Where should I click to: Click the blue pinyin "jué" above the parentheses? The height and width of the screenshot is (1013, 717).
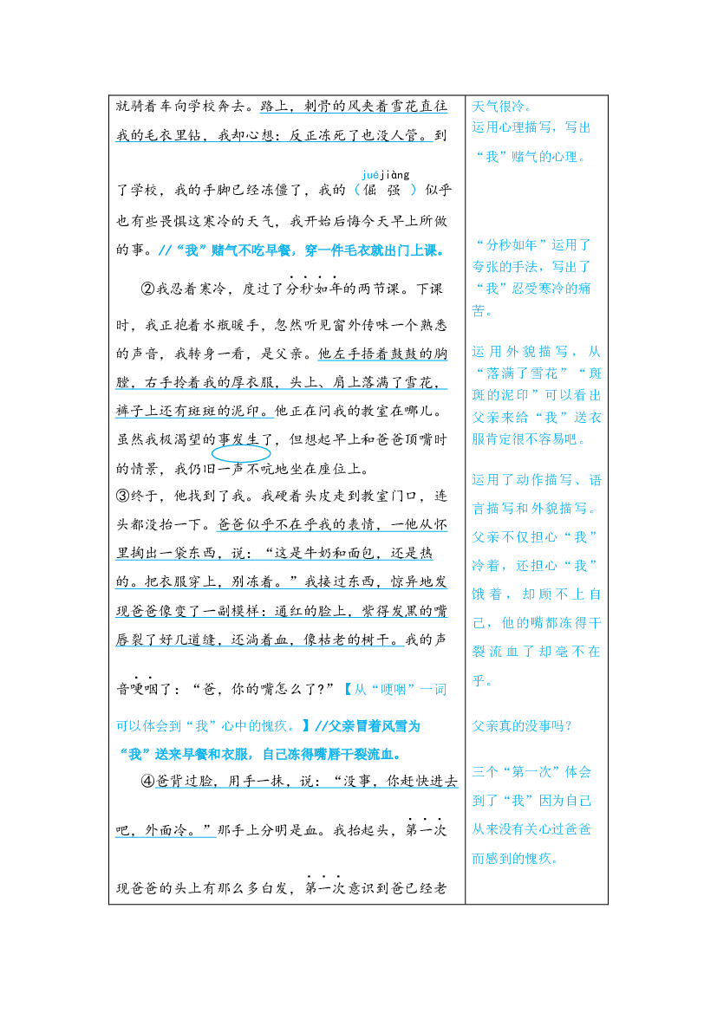click(x=370, y=174)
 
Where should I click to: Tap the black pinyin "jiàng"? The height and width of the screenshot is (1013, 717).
click(x=394, y=174)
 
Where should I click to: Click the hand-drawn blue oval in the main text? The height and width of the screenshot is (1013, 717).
click(x=241, y=453)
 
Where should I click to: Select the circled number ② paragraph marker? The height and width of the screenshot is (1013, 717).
click(x=147, y=289)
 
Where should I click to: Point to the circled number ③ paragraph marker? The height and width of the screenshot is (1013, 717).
click(x=123, y=497)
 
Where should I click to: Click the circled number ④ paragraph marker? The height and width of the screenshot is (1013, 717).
click(x=147, y=781)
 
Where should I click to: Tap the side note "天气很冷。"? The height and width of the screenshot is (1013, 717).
click(x=502, y=107)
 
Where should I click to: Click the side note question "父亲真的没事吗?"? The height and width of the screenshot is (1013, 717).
click(x=522, y=726)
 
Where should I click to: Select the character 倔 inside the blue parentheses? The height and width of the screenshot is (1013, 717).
click(x=370, y=190)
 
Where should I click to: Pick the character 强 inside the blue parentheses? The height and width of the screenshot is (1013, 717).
click(x=394, y=190)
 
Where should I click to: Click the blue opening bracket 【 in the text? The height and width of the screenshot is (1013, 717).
click(x=347, y=689)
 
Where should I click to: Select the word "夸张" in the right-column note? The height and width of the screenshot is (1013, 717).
click(x=486, y=267)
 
